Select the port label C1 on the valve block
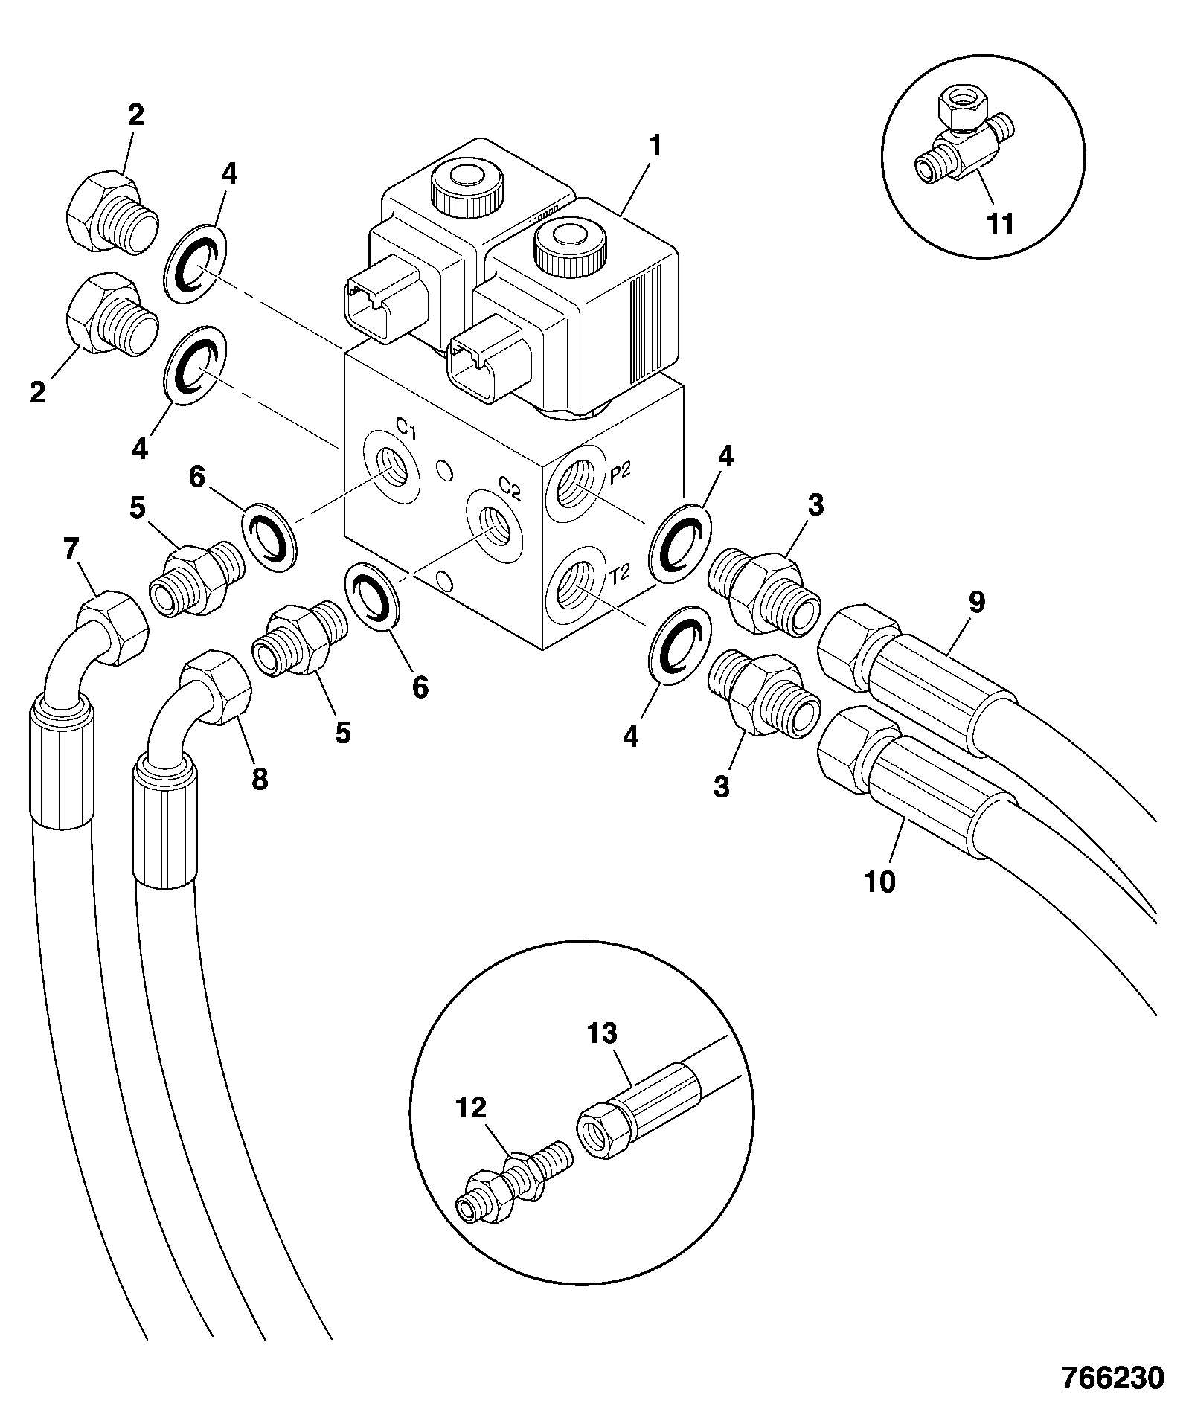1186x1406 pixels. (x=406, y=429)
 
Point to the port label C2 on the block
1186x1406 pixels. (x=510, y=487)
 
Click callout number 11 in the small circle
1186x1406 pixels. (x=999, y=223)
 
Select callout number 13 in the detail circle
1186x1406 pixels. (x=601, y=1033)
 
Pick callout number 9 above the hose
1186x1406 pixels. (x=976, y=601)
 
